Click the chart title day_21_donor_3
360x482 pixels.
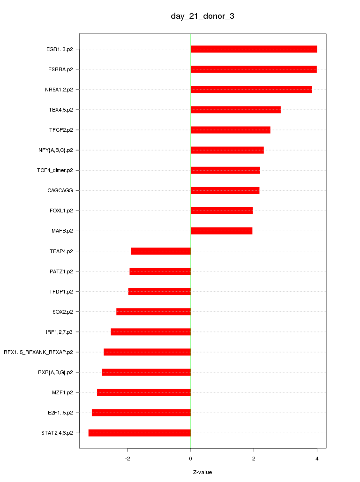[x=202, y=16]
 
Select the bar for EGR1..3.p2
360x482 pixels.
[x=254, y=49]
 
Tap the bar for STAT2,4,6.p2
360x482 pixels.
[x=140, y=433]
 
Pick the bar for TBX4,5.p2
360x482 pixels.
[x=235, y=110]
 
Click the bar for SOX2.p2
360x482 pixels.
[x=153, y=312]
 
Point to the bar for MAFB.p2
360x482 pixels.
[x=221, y=231]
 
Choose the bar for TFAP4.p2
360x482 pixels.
[x=161, y=251]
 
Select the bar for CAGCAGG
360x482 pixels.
[x=225, y=191]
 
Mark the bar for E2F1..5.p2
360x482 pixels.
[x=141, y=413]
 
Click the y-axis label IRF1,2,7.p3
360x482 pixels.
[x=59, y=332]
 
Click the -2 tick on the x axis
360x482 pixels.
[x=127, y=458]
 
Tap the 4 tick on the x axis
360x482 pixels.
[x=317, y=458]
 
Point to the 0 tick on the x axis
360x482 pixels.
[x=191, y=458]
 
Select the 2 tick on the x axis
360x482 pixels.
[x=254, y=458]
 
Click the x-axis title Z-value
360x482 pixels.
[x=202, y=472]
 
